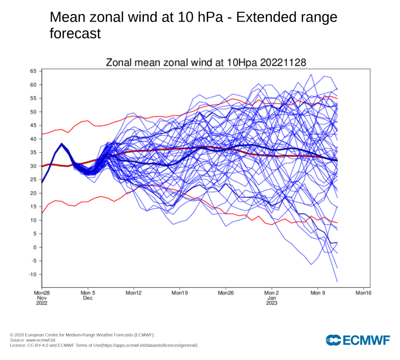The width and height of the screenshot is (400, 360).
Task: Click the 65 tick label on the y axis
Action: [x=33, y=71]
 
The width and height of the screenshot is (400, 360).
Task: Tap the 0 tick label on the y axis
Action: [x=35, y=247]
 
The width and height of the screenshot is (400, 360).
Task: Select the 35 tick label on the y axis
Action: [x=33, y=152]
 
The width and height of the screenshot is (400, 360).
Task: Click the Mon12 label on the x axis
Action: [x=134, y=293]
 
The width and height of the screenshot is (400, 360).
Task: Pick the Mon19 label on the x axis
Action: [x=180, y=293]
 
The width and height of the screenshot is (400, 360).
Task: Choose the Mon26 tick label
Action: [x=226, y=293]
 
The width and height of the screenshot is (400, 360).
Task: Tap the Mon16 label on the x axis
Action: [x=363, y=293]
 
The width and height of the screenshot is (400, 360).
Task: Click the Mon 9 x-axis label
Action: [x=317, y=293]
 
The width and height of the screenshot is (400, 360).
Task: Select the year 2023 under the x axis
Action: [x=272, y=303]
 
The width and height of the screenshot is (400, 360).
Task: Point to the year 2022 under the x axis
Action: [x=42, y=303]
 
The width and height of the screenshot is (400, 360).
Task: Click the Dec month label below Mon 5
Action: [x=88, y=298]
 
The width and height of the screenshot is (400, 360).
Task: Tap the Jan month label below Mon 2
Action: [x=272, y=298]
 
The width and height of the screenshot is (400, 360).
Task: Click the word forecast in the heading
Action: [x=75, y=34]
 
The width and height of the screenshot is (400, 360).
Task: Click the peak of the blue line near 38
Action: [x=61, y=143]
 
